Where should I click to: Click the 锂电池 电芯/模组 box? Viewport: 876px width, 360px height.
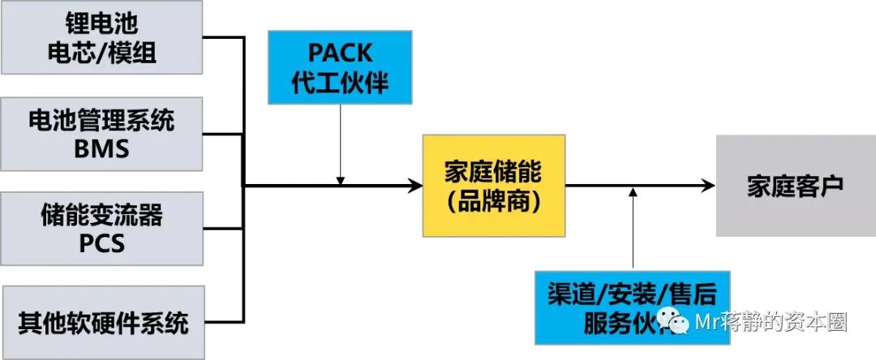tap(102, 39)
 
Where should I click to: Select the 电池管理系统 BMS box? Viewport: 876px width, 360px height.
tap(102, 134)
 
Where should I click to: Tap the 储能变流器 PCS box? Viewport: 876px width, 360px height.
tap(102, 228)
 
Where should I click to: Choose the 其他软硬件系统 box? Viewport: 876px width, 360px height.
tap(103, 323)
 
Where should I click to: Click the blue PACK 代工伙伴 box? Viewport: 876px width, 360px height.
tap(341, 68)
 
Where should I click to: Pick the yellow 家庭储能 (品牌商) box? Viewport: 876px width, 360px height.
tap(493, 186)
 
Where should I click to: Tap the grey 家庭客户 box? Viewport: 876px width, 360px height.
tap(795, 186)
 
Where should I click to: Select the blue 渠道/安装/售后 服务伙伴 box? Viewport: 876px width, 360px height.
tap(632, 307)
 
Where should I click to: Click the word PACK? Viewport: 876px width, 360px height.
tap(341, 54)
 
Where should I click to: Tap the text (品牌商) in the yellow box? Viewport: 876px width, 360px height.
tap(493, 201)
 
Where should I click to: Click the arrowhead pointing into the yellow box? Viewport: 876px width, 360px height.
tap(416, 186)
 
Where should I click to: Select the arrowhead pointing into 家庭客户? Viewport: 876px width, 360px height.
tap(708, 186)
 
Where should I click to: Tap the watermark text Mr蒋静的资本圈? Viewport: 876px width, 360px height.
tap(771, 323)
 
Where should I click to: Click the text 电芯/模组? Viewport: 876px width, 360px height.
tap(102, 54)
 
